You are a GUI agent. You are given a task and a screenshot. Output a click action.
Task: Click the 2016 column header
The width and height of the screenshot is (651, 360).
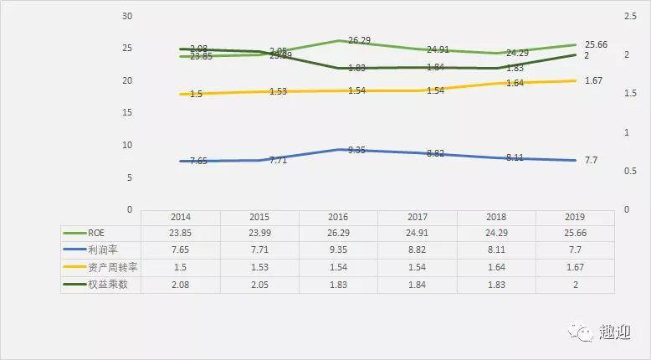pos(338,216)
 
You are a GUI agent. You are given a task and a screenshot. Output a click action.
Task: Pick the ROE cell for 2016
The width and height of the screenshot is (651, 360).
pos(338,233)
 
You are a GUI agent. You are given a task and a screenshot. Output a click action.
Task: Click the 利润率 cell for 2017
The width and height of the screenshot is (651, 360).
pos(418,249)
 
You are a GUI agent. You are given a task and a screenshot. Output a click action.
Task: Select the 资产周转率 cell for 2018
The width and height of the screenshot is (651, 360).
pos(496,267)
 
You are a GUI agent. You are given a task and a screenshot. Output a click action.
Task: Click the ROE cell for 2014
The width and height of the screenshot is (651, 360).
pos(180,233)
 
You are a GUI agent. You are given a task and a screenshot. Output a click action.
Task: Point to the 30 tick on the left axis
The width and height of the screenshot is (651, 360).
pos(127,17)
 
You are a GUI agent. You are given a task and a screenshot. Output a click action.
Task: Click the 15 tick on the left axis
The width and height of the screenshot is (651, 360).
pos(127,113)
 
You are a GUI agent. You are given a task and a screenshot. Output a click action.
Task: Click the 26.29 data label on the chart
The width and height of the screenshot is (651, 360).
pos(361,40)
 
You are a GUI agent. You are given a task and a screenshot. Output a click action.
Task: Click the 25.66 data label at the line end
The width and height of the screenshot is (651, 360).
pos(596,44)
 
